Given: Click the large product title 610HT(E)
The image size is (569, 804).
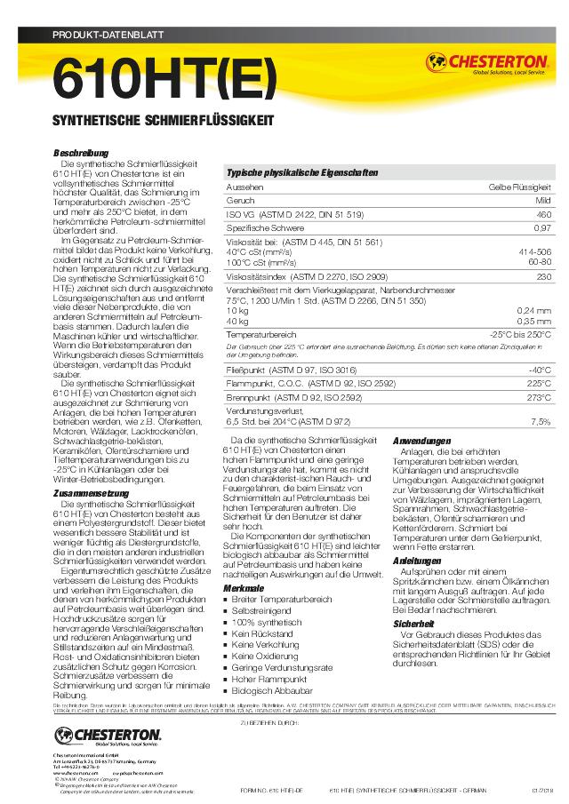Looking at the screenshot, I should pyautogui.click(x=165, y=80).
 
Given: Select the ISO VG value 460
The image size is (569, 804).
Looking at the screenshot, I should pyautogui.click(x=542, y=215).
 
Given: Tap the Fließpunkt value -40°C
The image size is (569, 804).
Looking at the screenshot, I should pyautogui.click(x=540, y=369).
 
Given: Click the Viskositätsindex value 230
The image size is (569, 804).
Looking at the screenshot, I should pyautogui.click(x=543, y=276).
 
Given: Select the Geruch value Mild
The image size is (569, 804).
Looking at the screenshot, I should pyautogui.click(x=542, y=202).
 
